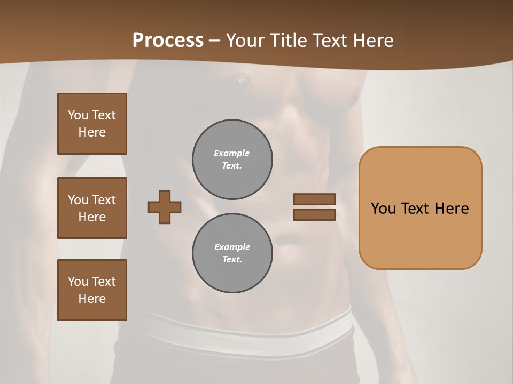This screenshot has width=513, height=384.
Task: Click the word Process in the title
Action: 168,40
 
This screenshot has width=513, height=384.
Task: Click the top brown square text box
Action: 92,124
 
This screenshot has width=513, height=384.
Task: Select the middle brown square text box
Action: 92,208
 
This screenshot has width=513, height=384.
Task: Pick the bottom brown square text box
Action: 92,290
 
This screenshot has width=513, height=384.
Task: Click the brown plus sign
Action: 165,207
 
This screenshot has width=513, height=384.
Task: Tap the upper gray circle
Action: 232,159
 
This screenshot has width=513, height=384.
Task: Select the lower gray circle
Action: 232,253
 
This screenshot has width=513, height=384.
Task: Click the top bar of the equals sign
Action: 314,199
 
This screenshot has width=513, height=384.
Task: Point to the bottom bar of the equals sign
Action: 314,215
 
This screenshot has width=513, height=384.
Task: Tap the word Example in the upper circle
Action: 232,153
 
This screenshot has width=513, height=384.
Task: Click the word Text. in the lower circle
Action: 232,260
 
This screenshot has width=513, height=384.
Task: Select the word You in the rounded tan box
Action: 383,208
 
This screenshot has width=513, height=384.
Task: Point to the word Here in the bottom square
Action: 92,299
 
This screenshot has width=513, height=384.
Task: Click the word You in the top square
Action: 78,115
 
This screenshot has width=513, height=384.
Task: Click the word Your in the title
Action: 244,40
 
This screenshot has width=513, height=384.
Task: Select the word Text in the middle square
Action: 104,200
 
